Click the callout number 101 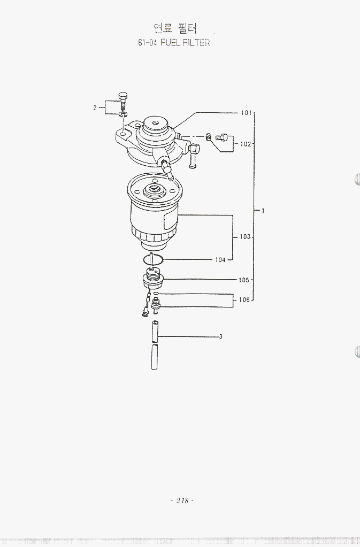pyautogui.click(x=246, y=113)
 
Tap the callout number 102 pyautogui.click(x=245, y=144)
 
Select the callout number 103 pyautogui.click(x=245, y=237)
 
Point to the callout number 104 pyautogui.click(x=220, y=260)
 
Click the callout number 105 pyautogui.click(x=244, y=280)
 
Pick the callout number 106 pyautogui.click(x=244, y=299)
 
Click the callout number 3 pyautogui.click(x=220, y=337)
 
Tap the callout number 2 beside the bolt pyautogui.click(x=95, y=108)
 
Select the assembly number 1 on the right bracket pyautogui.click(x=263, y=211)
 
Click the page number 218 pyautogui.click(x=182, y=500)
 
